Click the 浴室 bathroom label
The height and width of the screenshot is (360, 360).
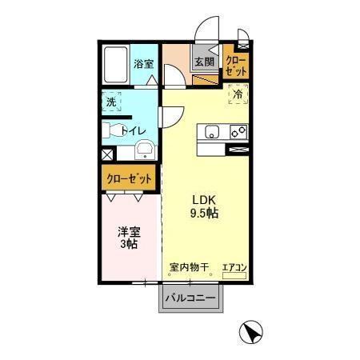pos(144,62)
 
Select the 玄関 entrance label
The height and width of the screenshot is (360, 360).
pos(204,62)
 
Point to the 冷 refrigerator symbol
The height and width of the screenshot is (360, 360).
pos(238,94)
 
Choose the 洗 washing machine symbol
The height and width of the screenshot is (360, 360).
pos(112,102)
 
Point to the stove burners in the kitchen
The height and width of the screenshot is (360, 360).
pos(238,132)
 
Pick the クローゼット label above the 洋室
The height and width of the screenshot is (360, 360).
pos(128,178)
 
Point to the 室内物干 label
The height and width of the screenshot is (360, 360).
pos(189,266)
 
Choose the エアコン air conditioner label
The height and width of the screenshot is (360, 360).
pos(234,266)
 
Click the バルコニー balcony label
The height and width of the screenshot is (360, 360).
pos(190,298)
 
